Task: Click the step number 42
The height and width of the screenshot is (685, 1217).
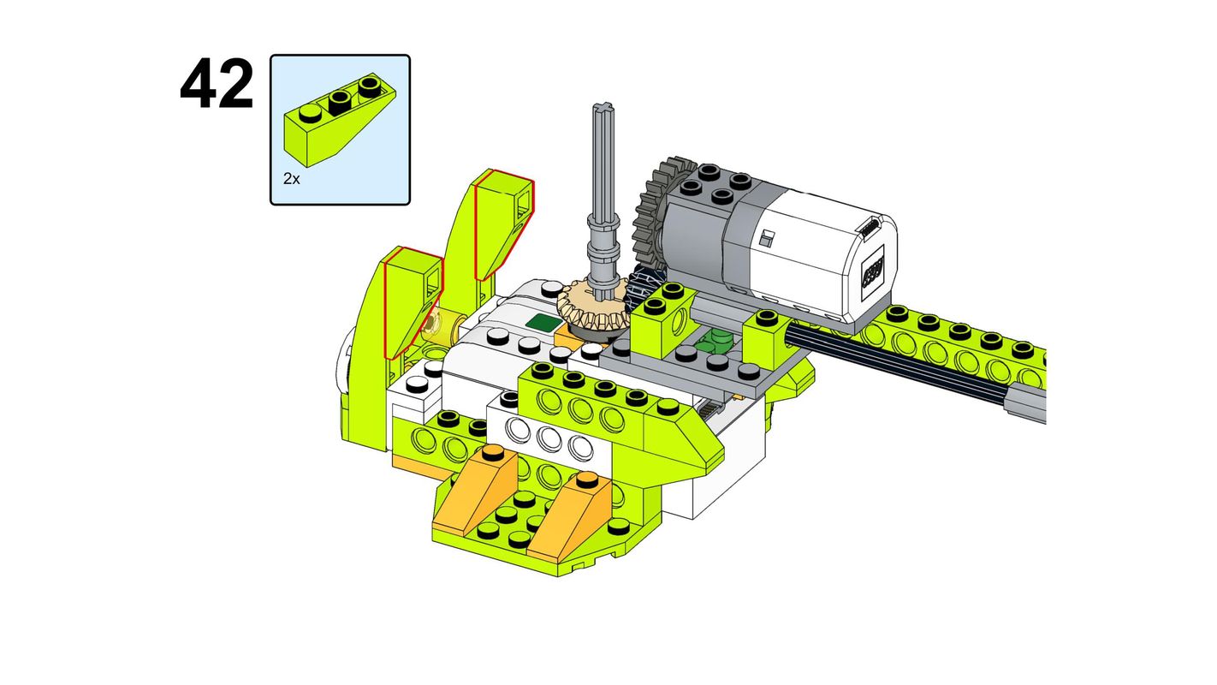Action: click(217, 83)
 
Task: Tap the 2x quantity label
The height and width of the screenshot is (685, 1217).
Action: click(292, 178)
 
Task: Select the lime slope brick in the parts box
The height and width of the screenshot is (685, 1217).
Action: click(339, 120)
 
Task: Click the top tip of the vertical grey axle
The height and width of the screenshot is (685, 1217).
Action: click(603, 104)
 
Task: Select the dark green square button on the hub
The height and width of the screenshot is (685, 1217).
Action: click(544, 322)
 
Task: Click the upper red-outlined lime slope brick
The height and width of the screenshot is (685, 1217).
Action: click(502, 224)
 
